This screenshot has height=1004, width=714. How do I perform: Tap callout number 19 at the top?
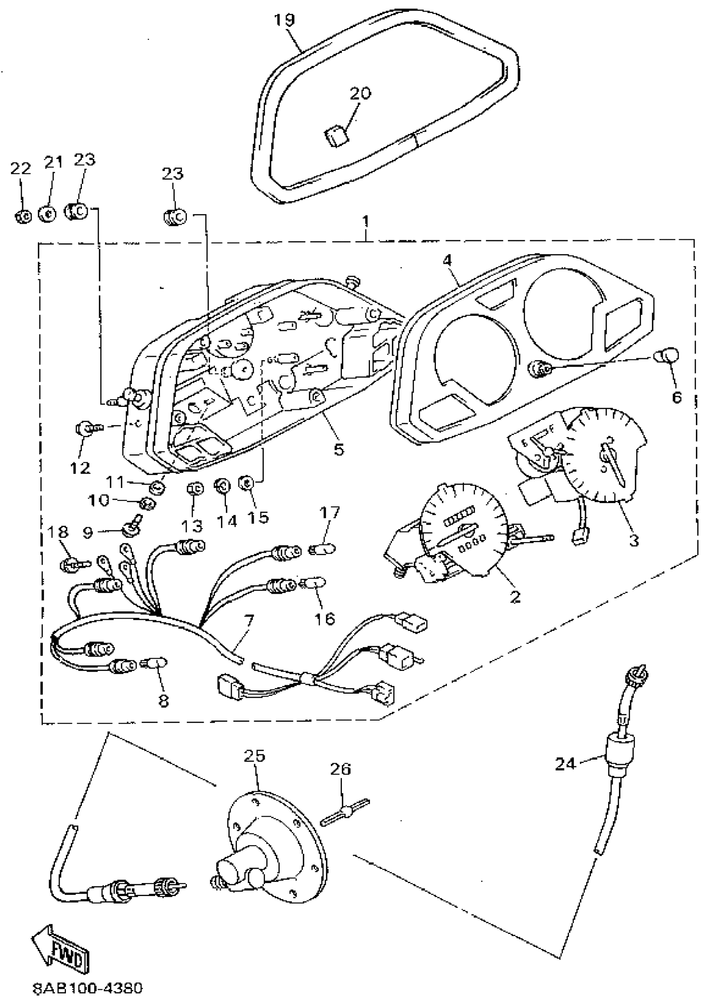point(285,20)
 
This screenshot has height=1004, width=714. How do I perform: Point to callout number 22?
point(20,168)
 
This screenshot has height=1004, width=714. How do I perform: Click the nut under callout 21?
point(47,214)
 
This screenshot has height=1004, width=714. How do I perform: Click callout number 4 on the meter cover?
point(447,260)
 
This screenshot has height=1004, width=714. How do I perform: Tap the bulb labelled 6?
point(667,355)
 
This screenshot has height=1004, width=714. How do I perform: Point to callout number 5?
point(339,449)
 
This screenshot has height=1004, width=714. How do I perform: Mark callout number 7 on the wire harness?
point(249,621)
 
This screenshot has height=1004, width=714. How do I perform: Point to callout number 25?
point(255,757)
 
